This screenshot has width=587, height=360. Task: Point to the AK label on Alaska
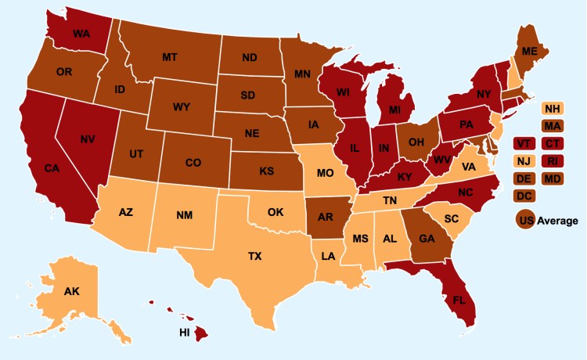click(x=72, y=291)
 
